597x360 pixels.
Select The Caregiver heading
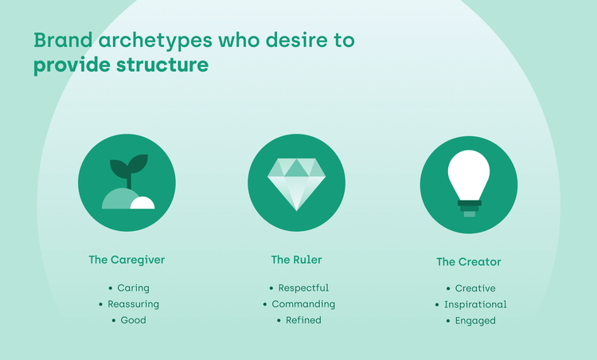tap(127, 260)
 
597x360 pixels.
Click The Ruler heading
tap(296, 260)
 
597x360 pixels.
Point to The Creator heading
tap(468, 261)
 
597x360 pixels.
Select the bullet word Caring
tap(133, 288)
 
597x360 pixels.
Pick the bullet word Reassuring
tap(133, 304)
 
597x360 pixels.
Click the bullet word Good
tap(133, 320)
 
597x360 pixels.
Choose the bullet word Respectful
tap(303, 288)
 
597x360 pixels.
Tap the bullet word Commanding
tap(303, 304)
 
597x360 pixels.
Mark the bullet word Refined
tap(303, 320)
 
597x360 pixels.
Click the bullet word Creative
tap(474, 288)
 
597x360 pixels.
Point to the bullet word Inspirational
tap(474, 304)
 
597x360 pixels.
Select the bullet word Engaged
tap(474, 321)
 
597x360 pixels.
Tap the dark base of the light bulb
tap(469, 205)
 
